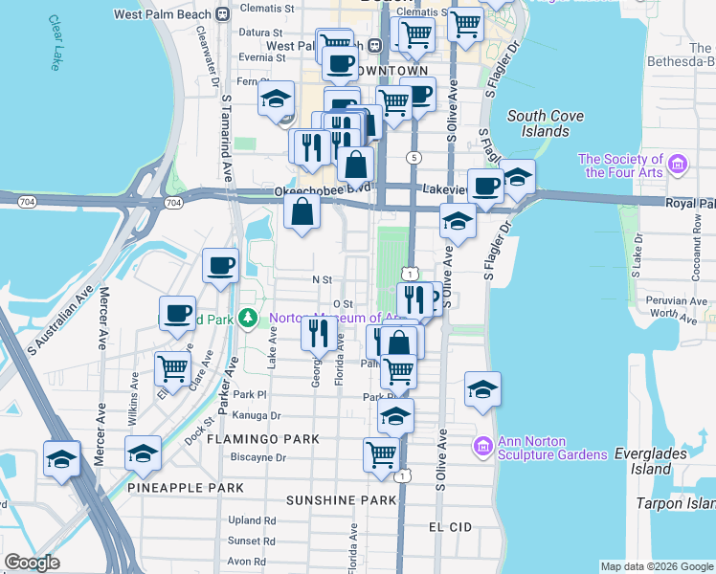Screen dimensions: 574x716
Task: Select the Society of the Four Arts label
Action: click(620, 166)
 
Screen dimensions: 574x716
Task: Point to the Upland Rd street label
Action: click(252, 521)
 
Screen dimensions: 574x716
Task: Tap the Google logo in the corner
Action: click(32, 563)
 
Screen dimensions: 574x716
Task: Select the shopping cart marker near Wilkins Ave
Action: click(172, 367)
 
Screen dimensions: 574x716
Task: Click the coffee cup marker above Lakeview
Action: click(485, 186)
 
